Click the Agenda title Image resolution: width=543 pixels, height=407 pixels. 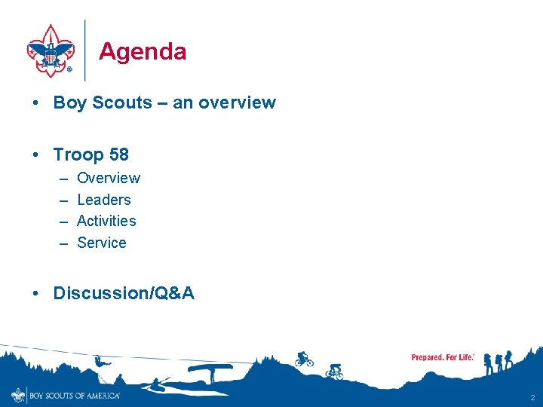[143, 51]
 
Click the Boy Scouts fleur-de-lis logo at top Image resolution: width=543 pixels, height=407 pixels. [50, 50]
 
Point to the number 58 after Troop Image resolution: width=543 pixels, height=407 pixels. [119, 155]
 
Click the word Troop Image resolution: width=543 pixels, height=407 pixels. [78, 155]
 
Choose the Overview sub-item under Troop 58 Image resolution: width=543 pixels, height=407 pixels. [109, 178]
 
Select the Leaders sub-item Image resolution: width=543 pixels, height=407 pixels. [104, 200]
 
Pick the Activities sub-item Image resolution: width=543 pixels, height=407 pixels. [106, 221]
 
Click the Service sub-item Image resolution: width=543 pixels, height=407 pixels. [102, 243]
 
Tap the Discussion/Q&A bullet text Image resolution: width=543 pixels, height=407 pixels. [124, 293]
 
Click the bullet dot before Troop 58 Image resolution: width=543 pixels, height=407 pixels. [37, 155]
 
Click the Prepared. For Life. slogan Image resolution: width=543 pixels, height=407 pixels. [443, 357]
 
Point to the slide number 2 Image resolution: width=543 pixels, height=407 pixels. [532, 397]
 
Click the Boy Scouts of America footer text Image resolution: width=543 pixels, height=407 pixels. [74, 395]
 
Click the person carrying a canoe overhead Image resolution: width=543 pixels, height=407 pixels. [210, 371]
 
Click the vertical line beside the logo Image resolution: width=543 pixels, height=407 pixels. [85, 50]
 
